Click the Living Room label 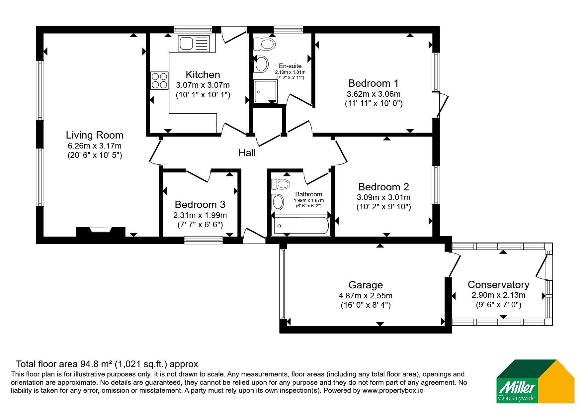tap(95, 135)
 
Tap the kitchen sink tap(194, 44)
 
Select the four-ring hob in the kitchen tap(159, 80)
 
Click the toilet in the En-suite tap(264, 44)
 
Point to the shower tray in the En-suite tap(265, 91)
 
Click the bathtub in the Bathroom tap(300, 226)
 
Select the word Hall tap(247, 153)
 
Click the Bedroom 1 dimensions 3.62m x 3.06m tap(374, 94)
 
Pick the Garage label tap(366, 285)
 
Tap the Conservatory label tap(498, 285)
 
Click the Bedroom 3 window tap(204, 240)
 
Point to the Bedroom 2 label tap(383, 187)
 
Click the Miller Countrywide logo tap(535, 381)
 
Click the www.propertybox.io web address tap(393, 391)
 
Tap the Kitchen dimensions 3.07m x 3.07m tap(203, 85)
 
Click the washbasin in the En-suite tap(262, 64)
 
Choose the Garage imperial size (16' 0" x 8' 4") tap(366, 305)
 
